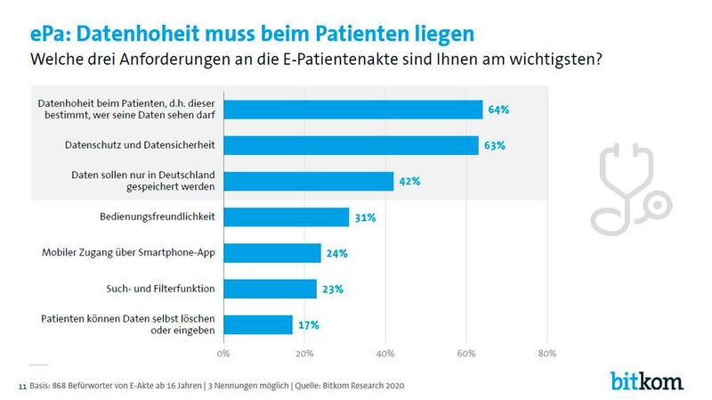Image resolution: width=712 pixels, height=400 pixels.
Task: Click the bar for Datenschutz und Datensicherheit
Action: pos(351,145)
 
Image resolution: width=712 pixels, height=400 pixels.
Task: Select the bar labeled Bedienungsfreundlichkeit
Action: pos(286,217)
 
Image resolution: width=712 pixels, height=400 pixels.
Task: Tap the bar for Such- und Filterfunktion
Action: pos(270,289)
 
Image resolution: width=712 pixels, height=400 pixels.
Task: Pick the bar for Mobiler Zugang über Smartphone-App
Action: pos(271,253)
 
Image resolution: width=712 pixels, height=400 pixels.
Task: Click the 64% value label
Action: pos(498,110)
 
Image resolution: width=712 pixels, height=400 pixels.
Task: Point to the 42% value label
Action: pos(409,181)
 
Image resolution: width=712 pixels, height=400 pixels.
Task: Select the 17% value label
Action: pos(308,324)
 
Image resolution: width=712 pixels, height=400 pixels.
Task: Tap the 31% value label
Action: pos(365,217)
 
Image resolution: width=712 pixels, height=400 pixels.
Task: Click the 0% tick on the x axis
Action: pos(223,354)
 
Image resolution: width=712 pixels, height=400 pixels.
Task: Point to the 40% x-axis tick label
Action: pos(385,354)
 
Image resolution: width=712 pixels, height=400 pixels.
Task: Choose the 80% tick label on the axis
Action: pos(546,354)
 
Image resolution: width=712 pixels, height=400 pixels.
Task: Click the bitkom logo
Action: pos(647,380)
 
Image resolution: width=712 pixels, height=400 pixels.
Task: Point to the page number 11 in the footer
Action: pos(21,388)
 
